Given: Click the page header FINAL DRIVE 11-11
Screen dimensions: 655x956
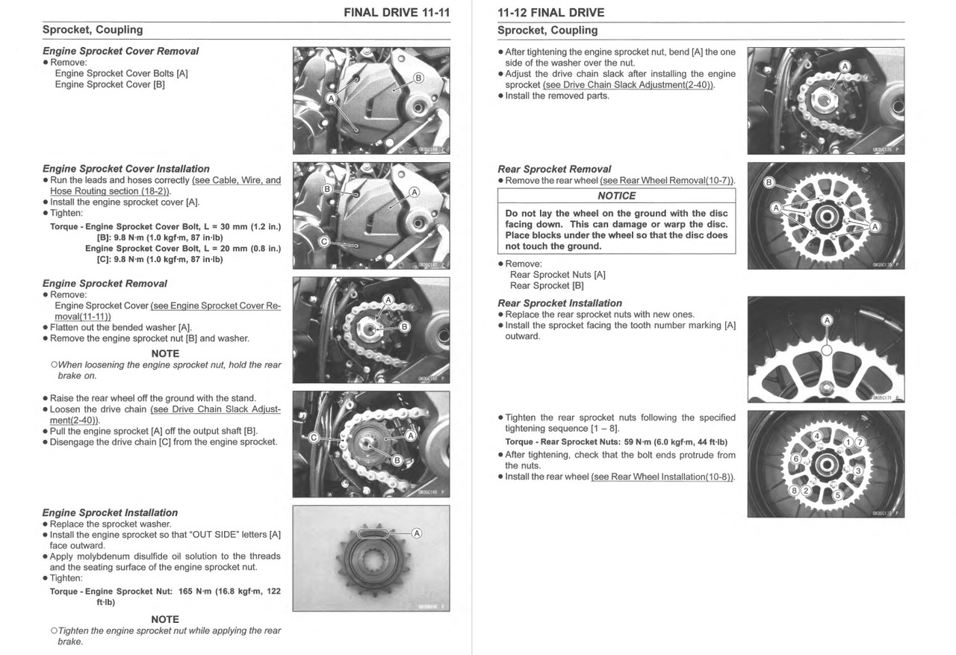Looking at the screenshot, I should [x=397, y=13].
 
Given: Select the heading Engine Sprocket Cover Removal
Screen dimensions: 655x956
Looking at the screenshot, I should [x=120, y=51].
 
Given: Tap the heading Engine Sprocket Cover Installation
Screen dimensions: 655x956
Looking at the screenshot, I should [x=125, y=169].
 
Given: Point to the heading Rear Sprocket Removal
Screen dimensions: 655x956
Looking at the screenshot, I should [x=554, y=169].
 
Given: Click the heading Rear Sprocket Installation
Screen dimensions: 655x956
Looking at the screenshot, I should [x=559, y=303].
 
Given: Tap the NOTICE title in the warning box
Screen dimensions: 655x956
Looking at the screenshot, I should [x=616, y=196].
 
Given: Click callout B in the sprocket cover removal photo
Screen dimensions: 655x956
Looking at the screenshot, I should [x=418, y=78].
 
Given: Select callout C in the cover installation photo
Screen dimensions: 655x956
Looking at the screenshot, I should [x=323, y=241].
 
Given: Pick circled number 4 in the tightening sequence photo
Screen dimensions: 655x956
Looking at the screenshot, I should [x=816, y=435].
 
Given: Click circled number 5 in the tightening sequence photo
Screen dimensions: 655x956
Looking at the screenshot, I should [x=837, y=495].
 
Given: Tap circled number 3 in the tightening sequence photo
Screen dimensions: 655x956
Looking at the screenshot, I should [x=858, y=471].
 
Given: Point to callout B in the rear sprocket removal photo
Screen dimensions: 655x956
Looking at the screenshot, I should [x=769, y=183].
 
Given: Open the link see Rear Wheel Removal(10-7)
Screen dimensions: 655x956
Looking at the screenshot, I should [x=667, y=181].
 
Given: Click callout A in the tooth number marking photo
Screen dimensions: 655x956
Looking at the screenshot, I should [x=827, y=320].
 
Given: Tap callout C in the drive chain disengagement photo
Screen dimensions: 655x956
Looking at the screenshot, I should [x=314, y=438].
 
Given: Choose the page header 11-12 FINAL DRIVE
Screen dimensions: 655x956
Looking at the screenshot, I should [x=550, y=13].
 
